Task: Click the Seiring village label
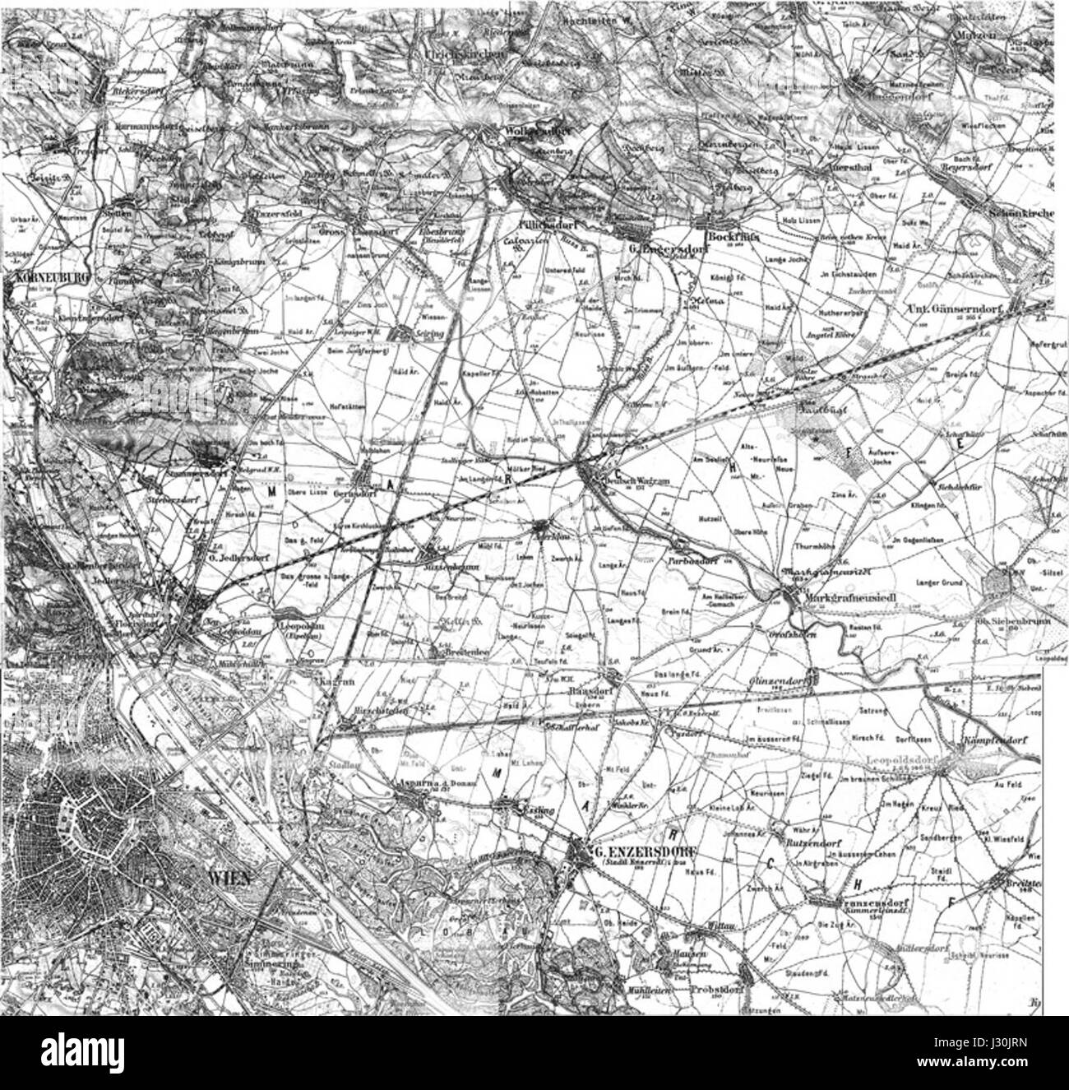click(426, 335)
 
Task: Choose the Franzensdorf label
click(860, 902)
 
